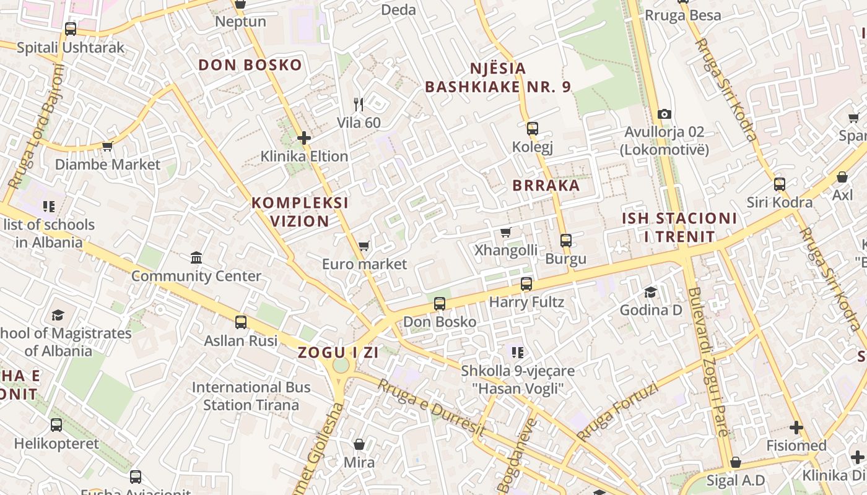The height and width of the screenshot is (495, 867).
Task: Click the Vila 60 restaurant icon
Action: (359, 105)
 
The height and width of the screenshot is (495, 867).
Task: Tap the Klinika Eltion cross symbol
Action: (303, 138)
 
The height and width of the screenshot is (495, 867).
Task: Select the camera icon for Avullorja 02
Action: (664, 114)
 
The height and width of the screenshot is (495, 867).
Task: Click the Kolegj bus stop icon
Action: (532, 129)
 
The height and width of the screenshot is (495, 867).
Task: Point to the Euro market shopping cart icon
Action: (364, 246)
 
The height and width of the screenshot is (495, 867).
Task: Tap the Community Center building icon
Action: (196, 257)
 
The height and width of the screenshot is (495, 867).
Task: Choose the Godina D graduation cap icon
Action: (650, 292)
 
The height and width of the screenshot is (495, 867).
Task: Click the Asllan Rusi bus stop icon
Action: (241, 322)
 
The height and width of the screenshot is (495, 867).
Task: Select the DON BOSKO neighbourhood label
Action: (250, 65)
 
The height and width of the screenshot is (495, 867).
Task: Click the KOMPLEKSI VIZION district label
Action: (300, 212)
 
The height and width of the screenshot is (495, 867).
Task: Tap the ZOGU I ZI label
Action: (338, 353)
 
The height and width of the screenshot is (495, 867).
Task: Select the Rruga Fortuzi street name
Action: (617, 411)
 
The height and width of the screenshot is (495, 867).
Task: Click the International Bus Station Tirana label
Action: (251, 396)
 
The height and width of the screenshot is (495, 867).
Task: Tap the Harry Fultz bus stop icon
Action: (526, 284)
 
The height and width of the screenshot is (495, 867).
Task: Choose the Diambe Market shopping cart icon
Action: (108, 147)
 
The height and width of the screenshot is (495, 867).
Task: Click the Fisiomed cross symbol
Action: (796, 428)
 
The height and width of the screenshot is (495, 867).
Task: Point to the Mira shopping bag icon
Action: (359, 444)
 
